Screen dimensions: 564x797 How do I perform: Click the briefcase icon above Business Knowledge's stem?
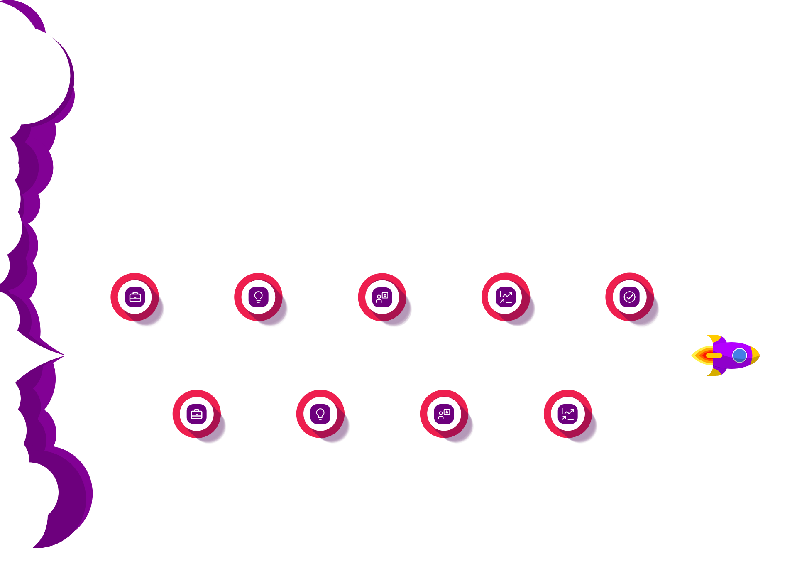coord(135,297)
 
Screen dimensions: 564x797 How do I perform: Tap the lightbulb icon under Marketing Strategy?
coord(258,297)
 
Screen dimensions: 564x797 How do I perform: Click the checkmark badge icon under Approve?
coord(629,297)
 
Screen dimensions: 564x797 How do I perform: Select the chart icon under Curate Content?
coord(506,297)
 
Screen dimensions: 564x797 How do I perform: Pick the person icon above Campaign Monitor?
coord(444,414)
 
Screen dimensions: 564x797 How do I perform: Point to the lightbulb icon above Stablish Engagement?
coord(320,414)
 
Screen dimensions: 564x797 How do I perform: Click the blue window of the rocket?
coord(739,356)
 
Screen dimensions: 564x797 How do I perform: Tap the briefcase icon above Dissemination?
coord(196,414)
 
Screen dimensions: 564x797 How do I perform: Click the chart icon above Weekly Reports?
coord(567,414)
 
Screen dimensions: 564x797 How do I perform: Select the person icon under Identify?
coord(382,297)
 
